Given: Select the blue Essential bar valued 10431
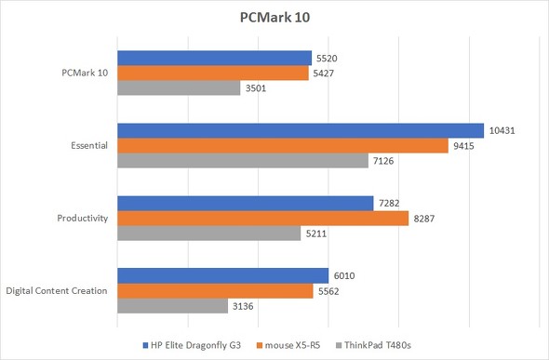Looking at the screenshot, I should (x=301, y=130).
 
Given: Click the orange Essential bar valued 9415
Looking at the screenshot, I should (x=282, y=146).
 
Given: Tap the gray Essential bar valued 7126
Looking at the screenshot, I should (x=242, y=161).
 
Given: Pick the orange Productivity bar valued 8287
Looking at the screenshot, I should (x=262, y=219).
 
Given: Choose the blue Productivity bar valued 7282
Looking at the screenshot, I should (x=245, y=203).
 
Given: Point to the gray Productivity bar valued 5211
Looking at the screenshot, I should (x=208, y=233).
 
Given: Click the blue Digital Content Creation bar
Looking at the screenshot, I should (x=222, y=275).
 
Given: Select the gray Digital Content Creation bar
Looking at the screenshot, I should (x=172, y=306).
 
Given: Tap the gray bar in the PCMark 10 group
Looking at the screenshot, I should (x=179, y=88).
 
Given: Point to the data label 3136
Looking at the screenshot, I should (x=244, y=306).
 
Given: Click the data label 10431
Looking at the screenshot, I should (x=503, y=130).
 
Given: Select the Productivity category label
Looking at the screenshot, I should (x=83, y=219).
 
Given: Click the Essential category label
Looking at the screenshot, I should (x=89, y=146).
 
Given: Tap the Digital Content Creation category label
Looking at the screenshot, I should (x=56, y=291).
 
